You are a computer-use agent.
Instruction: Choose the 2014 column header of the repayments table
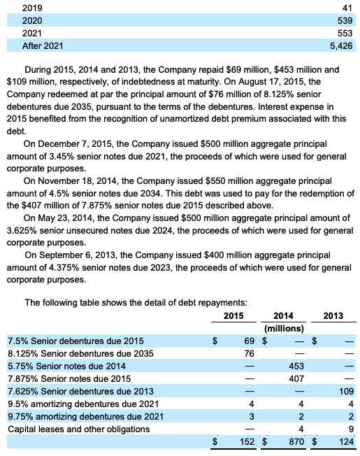[x=283, y=315]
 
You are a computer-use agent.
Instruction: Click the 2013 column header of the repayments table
[x=333, y=315]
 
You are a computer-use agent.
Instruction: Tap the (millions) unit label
[x=283, y=327]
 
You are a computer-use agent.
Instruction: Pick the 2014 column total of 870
[x=294, y=442]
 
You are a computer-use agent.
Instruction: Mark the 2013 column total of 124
[x=345, y=442]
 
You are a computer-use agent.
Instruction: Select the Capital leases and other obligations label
[x=74, y=429]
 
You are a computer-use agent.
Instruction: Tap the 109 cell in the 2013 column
[x=345, y=391]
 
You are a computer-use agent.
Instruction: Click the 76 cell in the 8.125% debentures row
[x=246, y=353]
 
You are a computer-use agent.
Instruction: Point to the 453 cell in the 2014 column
[x=295, y=366]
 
